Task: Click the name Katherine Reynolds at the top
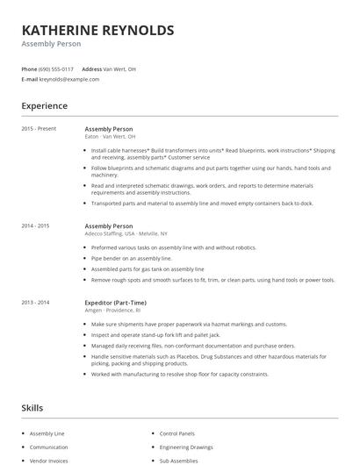pyautogui.click(x=97, y=30)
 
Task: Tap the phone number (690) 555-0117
pyautogui.click(x=57, y=68)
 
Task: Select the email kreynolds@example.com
pyautogui.click(x=69, y=79)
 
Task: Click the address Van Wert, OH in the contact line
pyautogui.click(x=119, y=68)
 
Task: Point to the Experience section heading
pyautogui.click(x=45, y=106)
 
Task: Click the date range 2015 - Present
pyautogui.click(x=39, y=128)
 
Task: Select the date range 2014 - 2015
pyautogui.click(x=36, y=225)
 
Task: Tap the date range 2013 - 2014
pyautogui.click(x=36, y=302)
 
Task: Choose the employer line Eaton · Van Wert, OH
pyautogui.click(x=110, y=137)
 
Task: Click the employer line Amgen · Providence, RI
pyautogui.click(x=112, y=311)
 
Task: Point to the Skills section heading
pyautogui.click(x=32, y=407)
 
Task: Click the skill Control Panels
pyautogui.click(x=176, y=433)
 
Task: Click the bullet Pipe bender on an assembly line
pyautogui.click(x=132, y=259)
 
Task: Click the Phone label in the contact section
pyautogui.click(x=29, y=68)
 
